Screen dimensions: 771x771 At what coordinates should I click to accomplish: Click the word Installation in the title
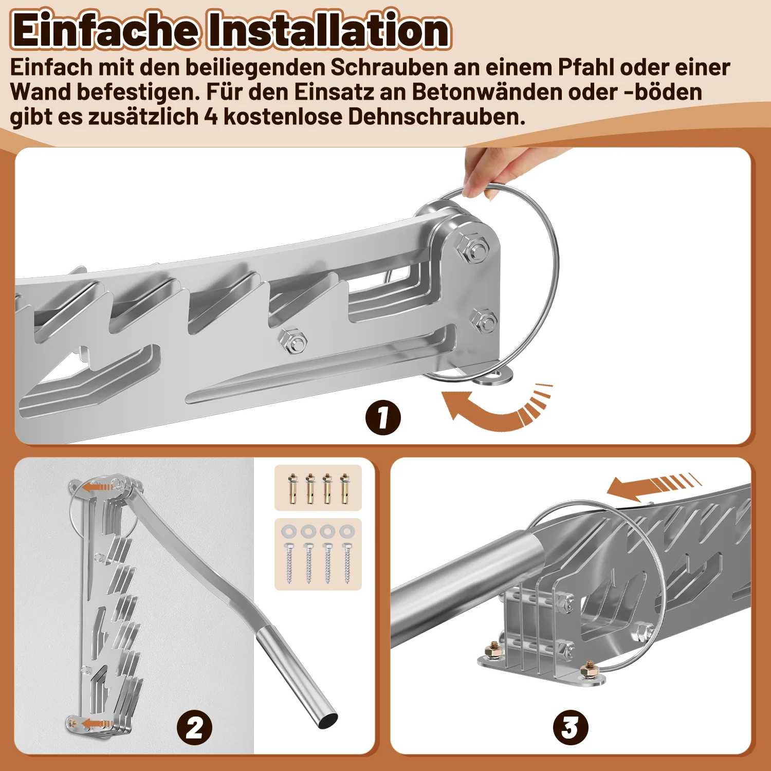(329, 30)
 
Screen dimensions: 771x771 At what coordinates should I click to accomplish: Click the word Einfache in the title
(105, 30)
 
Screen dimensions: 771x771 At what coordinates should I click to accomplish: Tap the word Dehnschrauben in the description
(437, 117)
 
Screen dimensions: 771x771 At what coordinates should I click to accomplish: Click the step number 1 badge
(383, 417)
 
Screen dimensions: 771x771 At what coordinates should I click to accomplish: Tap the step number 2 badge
(194, 728)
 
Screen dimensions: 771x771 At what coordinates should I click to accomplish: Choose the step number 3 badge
(570, 728)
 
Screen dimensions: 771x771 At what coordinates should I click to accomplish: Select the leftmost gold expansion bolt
(292, 488)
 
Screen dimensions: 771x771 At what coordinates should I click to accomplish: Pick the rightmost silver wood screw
(347, 563)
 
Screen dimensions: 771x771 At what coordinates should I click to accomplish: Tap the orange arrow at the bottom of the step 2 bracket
(97, 724)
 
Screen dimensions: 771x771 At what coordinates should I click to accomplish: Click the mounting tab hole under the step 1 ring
(496, 378)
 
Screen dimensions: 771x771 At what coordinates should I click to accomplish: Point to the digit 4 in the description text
(211, 117)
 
